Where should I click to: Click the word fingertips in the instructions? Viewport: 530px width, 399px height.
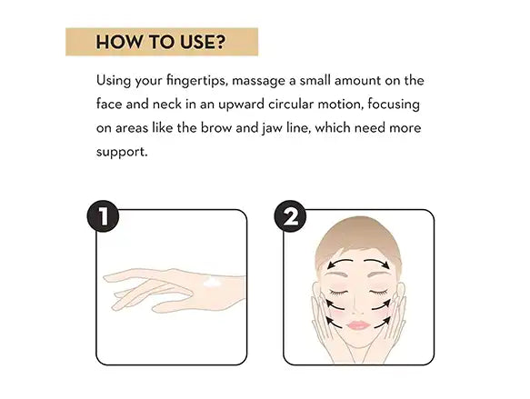(x=197, y=81)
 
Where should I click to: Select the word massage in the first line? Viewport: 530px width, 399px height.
(x=258, y=82)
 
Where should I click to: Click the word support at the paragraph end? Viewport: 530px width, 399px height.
(x=122, y=153)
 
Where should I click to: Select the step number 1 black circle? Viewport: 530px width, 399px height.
(x=103, y=216)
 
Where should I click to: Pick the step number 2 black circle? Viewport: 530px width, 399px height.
(x=290, y=216)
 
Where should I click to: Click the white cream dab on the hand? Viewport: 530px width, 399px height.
(x=212, y=283)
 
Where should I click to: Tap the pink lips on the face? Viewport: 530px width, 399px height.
(x=358, y=325)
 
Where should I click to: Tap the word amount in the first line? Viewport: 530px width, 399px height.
(x=357, y=81)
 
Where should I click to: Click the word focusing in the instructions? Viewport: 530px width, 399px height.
(x=394, y=105)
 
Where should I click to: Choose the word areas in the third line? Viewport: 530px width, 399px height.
(x=132, y=129)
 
